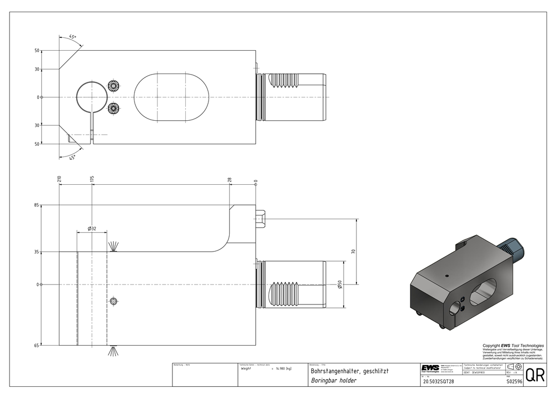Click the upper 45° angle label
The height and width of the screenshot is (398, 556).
coord(72,37)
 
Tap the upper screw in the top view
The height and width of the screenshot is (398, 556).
coord(114,86)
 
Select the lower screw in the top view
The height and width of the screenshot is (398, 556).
coord(114,107)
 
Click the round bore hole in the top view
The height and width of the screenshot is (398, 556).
coord(91,96)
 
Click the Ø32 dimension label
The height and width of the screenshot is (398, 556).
coord(92,228)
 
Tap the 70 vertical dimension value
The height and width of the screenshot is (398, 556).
coord(353,252)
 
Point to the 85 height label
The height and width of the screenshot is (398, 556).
coord(36,205)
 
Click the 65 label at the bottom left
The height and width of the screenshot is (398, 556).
coord(36,346)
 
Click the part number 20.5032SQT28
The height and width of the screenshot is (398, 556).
coord(439,382)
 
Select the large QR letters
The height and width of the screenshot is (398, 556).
coord(534,376)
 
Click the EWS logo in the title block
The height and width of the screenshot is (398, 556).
coord(430,369)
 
